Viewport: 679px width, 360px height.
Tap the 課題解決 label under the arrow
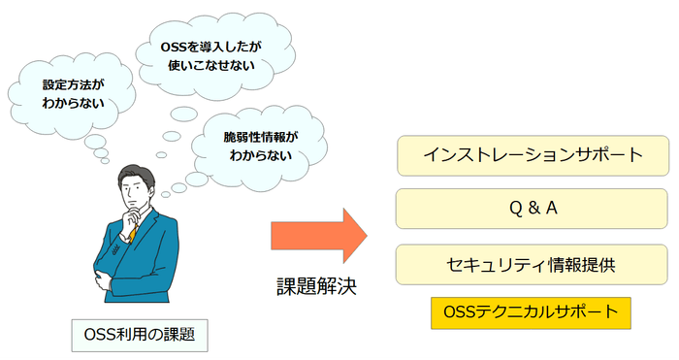(x=316, y=287)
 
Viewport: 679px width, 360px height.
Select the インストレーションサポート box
(x=533, y=155)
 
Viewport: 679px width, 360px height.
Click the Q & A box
(x=533, y=209)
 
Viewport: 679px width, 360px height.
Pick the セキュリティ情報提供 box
(x=533, y=264)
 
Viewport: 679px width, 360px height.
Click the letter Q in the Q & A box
(x=512, y=209)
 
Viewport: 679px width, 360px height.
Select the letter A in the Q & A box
(x=554, y=209)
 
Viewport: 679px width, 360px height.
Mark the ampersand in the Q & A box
(x=533, y=209)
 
